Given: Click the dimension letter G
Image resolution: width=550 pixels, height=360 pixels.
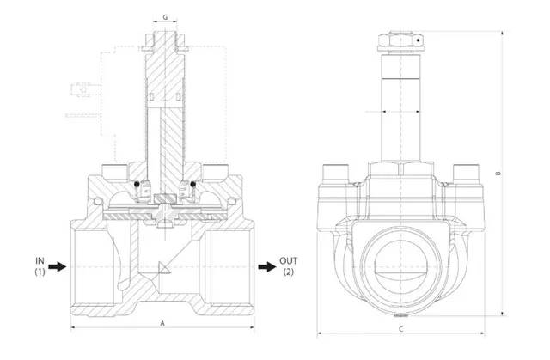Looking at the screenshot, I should point(165,16).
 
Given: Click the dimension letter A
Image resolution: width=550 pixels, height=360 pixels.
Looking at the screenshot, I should point(163,323).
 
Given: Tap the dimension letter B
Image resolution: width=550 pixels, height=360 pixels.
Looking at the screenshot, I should point(499,174).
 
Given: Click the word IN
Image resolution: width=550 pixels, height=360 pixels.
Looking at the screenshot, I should point(39,259).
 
